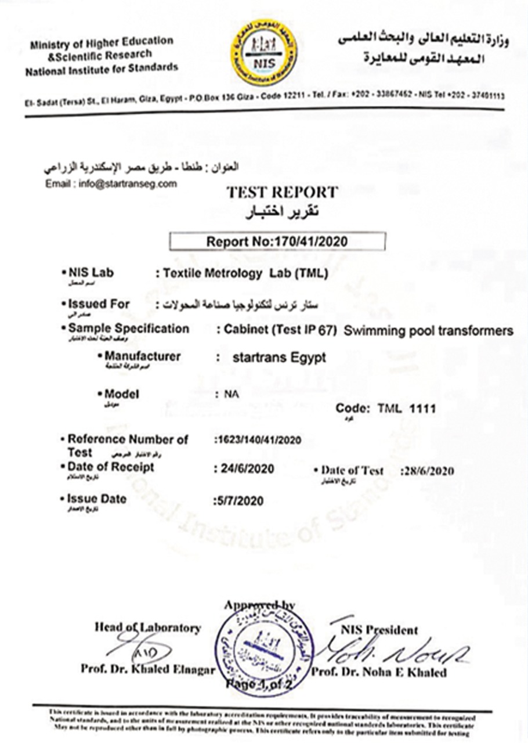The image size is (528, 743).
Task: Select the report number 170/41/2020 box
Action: [277, 241]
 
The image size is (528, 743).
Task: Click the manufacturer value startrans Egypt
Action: [279, 358]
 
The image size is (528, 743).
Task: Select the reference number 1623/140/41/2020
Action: [258, 440]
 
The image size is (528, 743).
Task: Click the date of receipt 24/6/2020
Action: [244, 468]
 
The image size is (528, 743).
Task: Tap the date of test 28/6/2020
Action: [428, 471]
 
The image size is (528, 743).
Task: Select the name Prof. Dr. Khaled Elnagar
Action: [148, 670]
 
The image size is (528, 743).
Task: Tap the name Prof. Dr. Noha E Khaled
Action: [379, 672]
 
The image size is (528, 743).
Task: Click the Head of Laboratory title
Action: [148, 627]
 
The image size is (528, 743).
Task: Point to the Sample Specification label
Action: [128, 329]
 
